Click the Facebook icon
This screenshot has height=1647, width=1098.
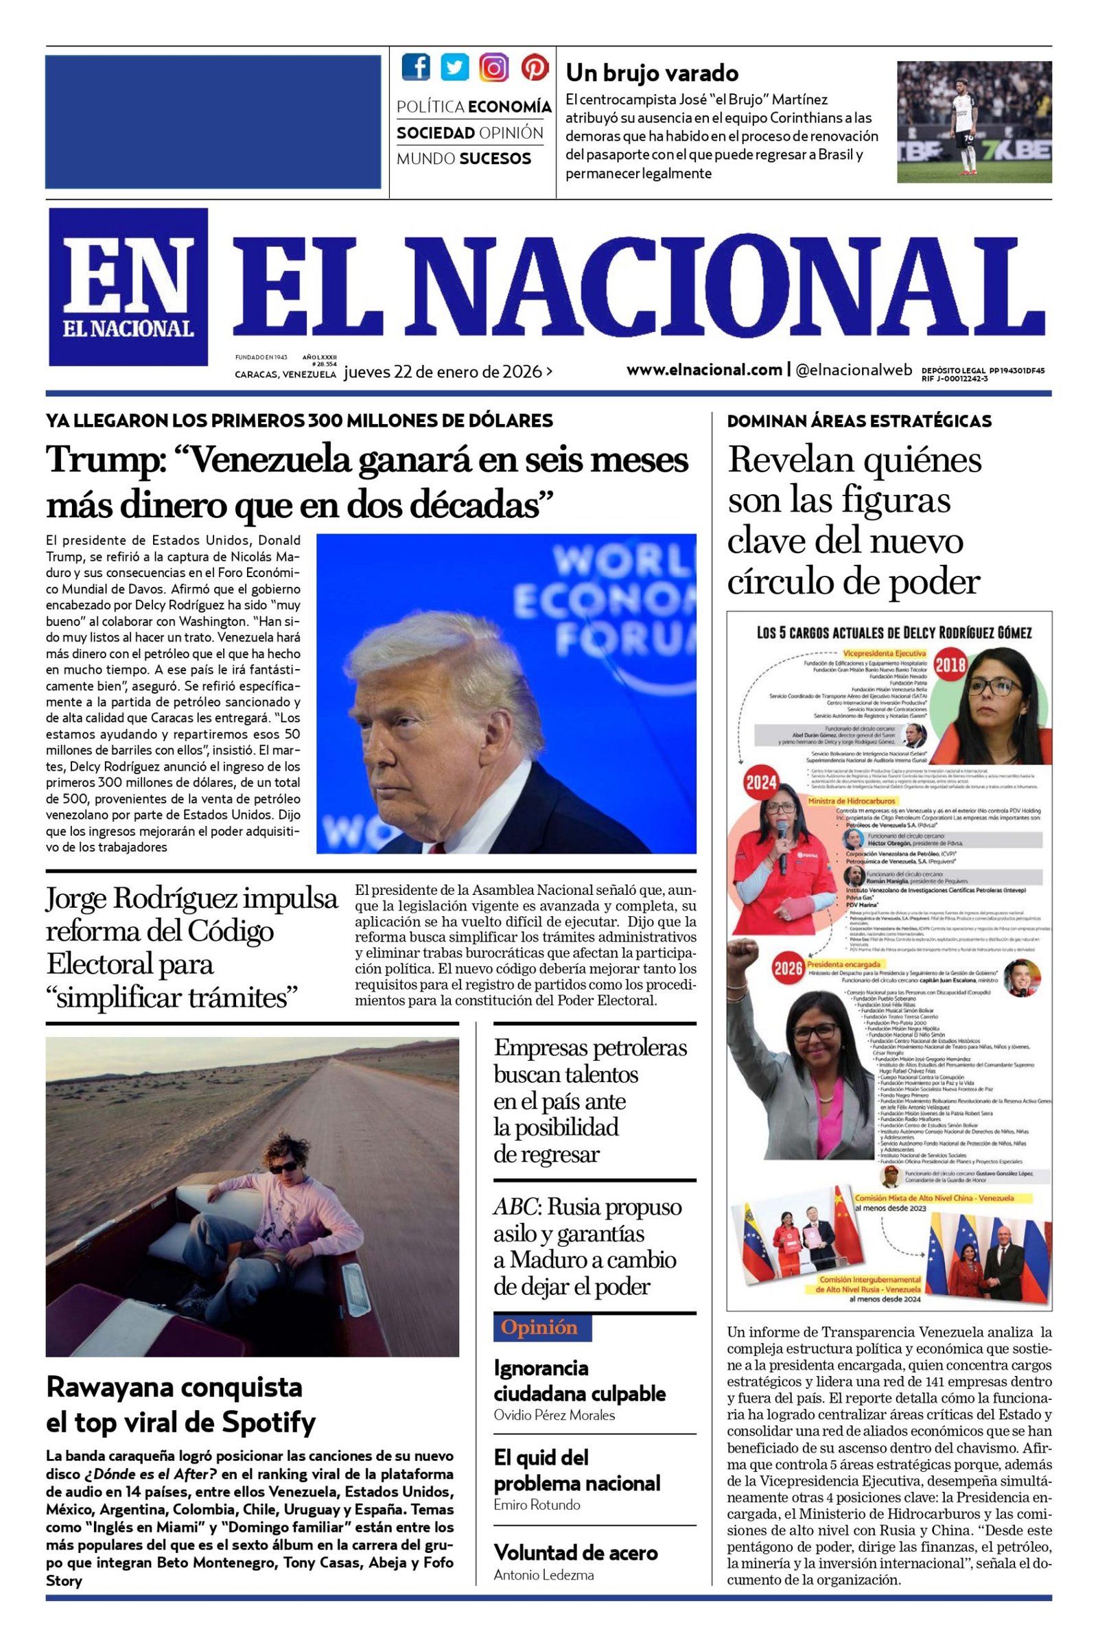pyautogui.click(x=416, y=67)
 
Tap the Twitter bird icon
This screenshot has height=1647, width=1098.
pyautogui.click(x=455, y=67)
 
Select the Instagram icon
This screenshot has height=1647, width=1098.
pyautogui.click(x=494, y=67)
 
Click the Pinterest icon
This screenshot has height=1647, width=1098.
pyautogui.click(x=535, y=67)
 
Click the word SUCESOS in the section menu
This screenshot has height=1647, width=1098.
pyautogui.click(x=494, y=159)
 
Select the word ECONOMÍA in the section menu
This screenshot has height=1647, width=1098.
pyautogui.click(x=509, y=107)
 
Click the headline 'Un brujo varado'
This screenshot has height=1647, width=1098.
pyautogui.click(x=651, y=73)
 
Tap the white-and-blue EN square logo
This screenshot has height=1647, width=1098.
pyautogui.click(x=128, y=286)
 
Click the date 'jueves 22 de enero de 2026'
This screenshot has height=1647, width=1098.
pyautogui.click(x=443, y=372)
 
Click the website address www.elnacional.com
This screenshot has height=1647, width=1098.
pyautogui.click(x=704, y=369)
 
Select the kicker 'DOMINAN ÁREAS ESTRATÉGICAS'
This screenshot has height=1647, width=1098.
pyautogui.click(x=859, y=421)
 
